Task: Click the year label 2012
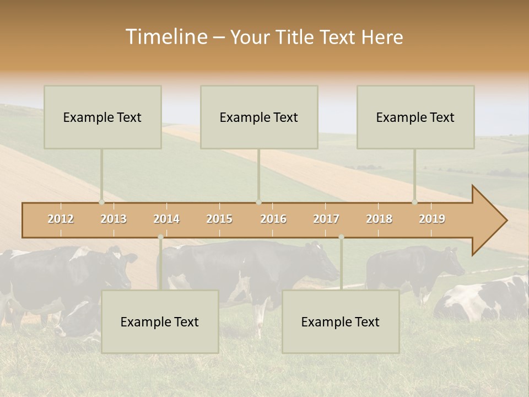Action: point(61,219)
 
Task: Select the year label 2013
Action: point(114,219)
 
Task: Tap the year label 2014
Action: point(166,219)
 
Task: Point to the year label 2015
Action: point(219,219)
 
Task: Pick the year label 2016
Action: point(273,219)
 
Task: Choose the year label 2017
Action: point(326,219)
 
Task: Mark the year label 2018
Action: point(379,219)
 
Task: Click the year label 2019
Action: point(432,219)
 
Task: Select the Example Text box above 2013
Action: point(102,117)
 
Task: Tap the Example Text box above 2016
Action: point(259,117)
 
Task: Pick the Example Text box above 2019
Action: point(415,117)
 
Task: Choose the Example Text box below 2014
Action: point(160,321)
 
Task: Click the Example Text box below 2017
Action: point(341,321)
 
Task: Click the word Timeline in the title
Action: point(165,37)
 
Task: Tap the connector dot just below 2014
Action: point(160,237)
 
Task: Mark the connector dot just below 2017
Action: point(341,237)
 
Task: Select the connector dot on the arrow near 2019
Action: point(414,202)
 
